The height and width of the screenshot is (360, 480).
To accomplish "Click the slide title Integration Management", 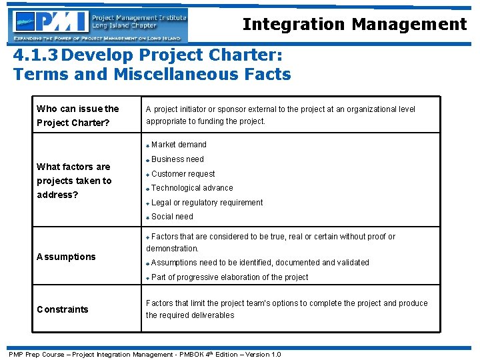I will (x=354, y=25).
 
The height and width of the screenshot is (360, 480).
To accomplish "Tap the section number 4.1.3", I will (x=37, y=55).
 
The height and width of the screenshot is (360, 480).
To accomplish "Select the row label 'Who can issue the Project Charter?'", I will (x=77, y=115).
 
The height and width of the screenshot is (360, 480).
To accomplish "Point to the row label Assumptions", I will (x=66, y=257).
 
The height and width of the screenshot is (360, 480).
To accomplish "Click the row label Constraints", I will (x=62, y=309).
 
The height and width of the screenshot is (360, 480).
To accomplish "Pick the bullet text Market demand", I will (x=179, y=145).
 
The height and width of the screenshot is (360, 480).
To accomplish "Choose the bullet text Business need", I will (x=177, y=159).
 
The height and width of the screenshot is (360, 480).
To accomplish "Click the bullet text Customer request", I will (x=183, y=174).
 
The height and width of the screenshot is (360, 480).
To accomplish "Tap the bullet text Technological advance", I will (x=192, y=188).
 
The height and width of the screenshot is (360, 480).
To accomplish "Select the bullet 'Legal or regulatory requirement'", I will (x=207, y=203).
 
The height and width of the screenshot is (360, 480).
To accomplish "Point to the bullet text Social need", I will (x=172, y=217).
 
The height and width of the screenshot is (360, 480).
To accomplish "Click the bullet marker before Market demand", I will (x=148, y=146).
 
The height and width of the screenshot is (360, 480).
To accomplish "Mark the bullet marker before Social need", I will (x=148, y=218).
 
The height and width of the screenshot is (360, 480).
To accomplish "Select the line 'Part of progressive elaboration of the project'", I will (x=229, y=277).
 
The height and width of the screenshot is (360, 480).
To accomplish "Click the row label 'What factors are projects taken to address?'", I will (x=74, y=181).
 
